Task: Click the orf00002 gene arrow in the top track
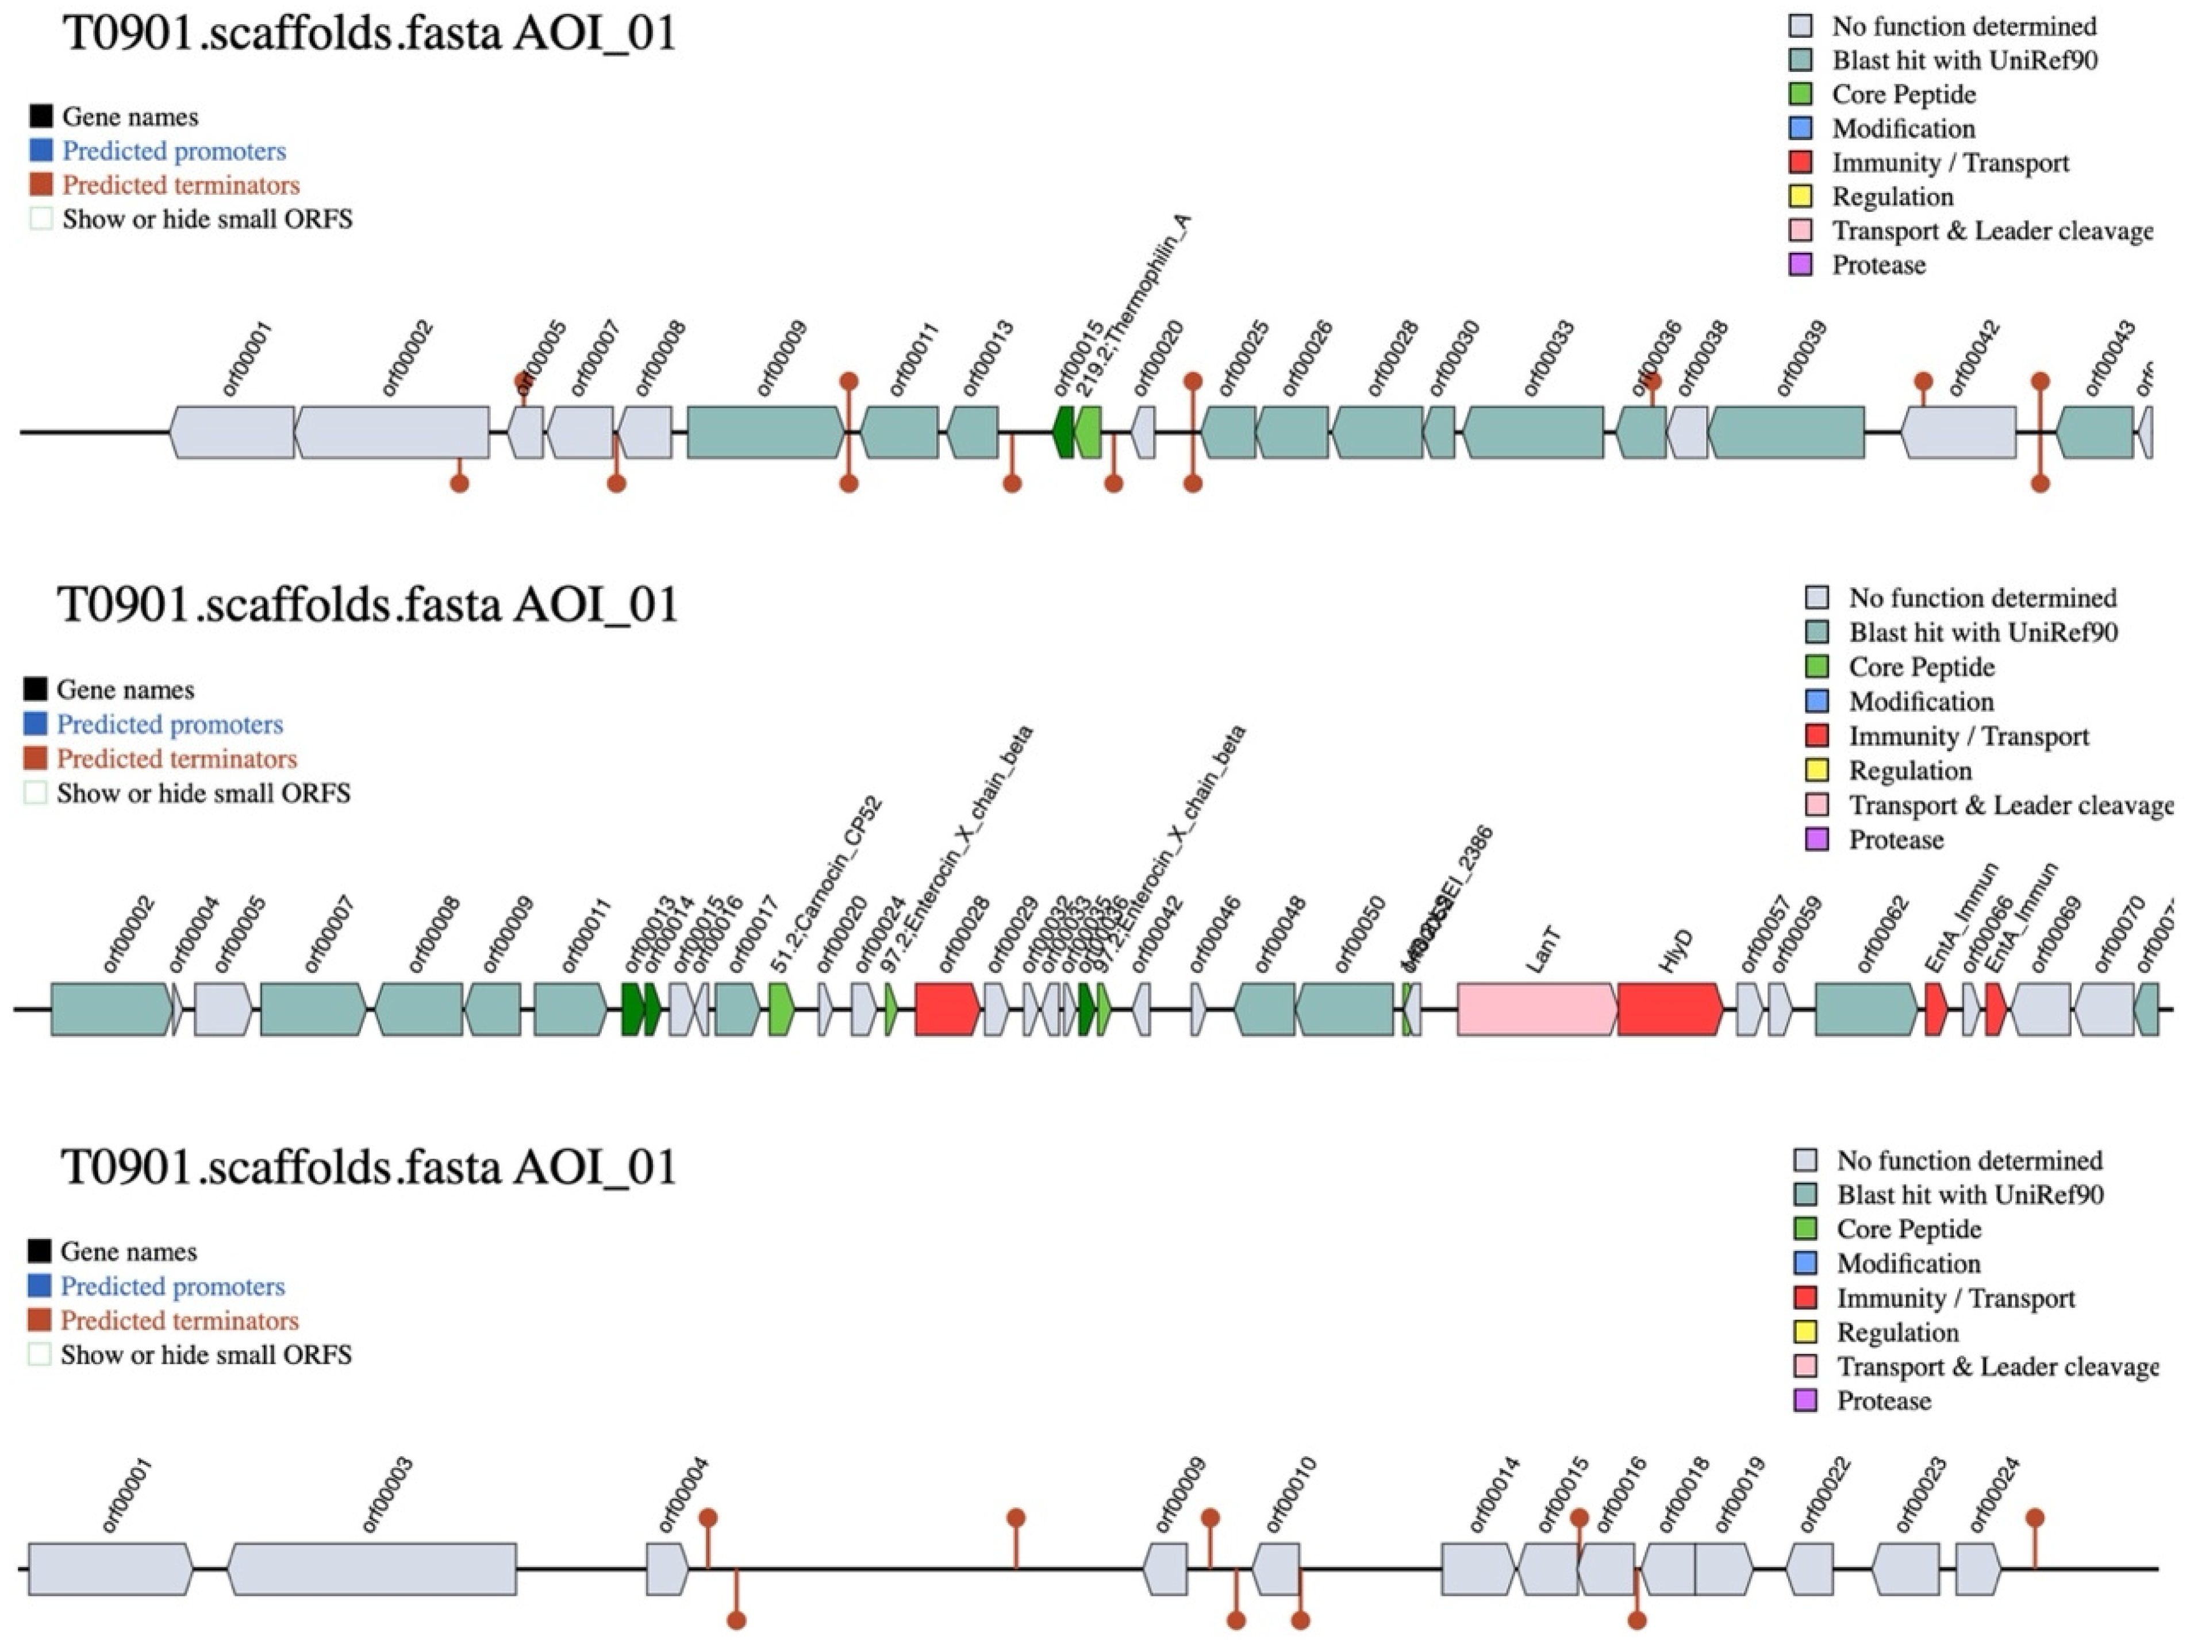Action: tap(392, 432)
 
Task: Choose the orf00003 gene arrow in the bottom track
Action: tap(372, 1569)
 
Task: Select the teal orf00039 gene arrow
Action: tap(1785, 432)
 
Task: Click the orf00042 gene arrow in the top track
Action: tap(1959, 432)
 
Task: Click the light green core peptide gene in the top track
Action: tap(1088, 432)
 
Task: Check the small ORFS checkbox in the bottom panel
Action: tap(40, 1354)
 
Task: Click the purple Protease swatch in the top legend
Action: tap(1800, 265)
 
